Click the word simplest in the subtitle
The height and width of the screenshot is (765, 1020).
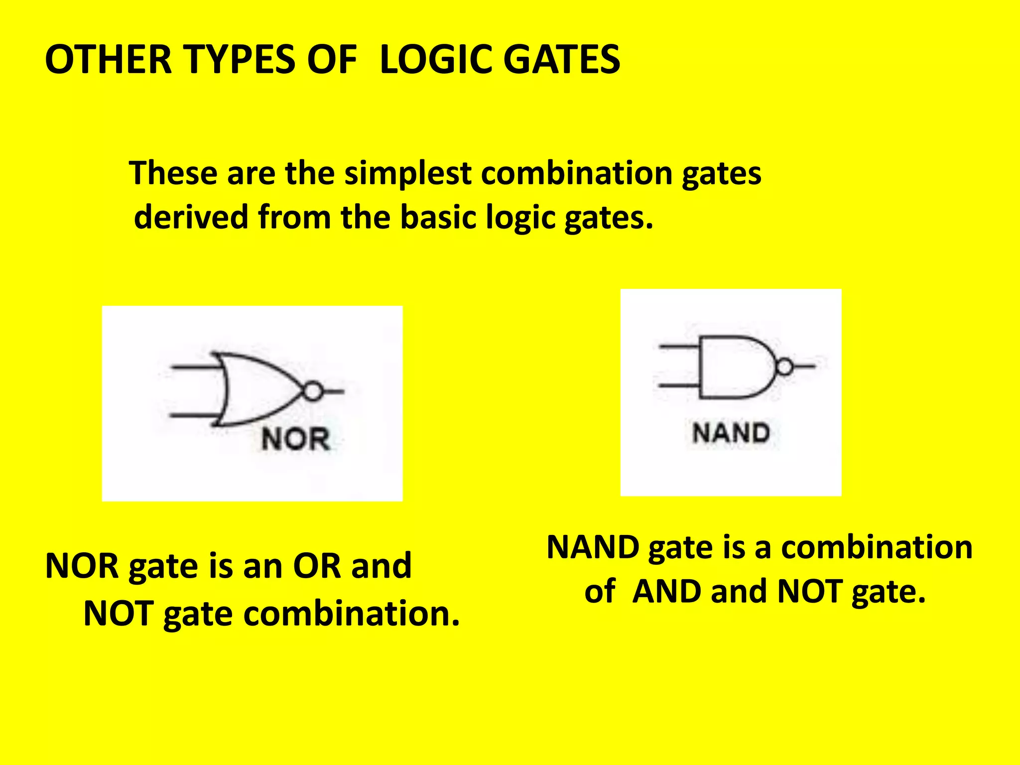tap(408, 174)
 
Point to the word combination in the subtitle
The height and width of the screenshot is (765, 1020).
tap(577, 174)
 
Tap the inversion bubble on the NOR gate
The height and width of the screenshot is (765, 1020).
tap(313, 391)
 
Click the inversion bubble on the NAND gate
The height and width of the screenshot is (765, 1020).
tap(784, 367)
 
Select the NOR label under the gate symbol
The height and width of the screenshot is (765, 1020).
tap(296, 439)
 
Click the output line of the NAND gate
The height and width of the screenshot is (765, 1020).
tap(804, 367)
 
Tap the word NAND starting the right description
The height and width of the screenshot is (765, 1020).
tap(593, 548)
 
